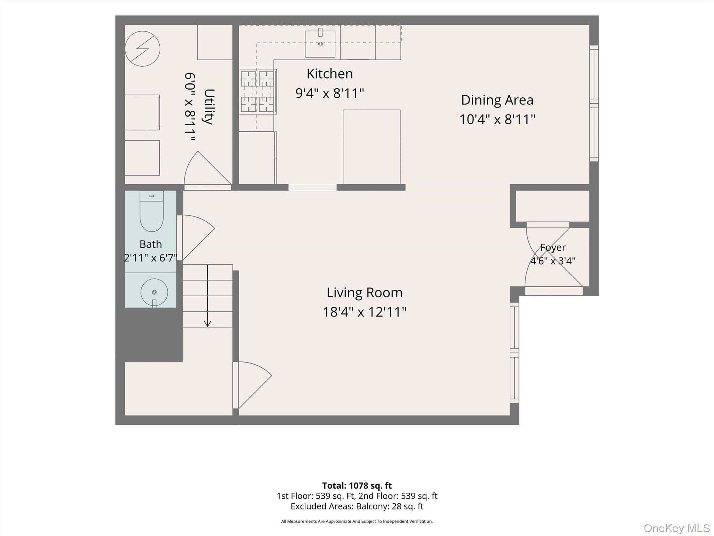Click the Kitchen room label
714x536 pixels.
click(x=330, y=74)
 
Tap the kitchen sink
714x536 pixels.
click(x=320, y=44)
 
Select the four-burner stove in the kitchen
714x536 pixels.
click(x=258, y=91)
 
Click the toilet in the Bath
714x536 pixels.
click(x=152, y=211)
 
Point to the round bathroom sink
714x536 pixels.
click(x=154, y=292)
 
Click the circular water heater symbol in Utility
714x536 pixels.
click(x=142, y=49)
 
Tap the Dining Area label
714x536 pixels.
click(x=497, y=100)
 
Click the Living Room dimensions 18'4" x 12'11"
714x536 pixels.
click(x=364, y=312)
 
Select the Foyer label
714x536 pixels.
click(x=553, y=248)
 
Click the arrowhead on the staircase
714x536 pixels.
click(x=207, y=324)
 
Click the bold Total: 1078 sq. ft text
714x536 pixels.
click(x=357, y=486)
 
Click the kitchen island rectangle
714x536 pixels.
click(x=372, y=147)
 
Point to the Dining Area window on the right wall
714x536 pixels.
click(x=594, y=103)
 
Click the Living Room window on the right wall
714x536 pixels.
click(x=515, y=353)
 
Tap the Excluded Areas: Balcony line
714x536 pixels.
click(x=357, y=506)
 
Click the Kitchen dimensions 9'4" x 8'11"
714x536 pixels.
click(x=330, y=94)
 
